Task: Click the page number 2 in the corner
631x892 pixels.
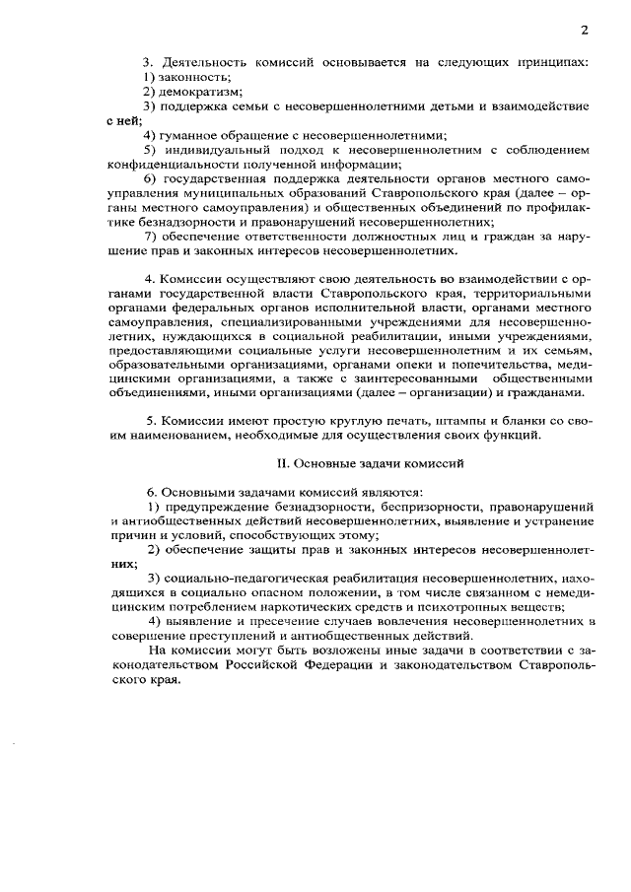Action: coord(585,29)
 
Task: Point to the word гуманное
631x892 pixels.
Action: coord(190,135)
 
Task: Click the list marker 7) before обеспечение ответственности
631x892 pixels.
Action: coord(151,237)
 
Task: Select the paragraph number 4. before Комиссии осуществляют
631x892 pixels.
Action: coord(150,280)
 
